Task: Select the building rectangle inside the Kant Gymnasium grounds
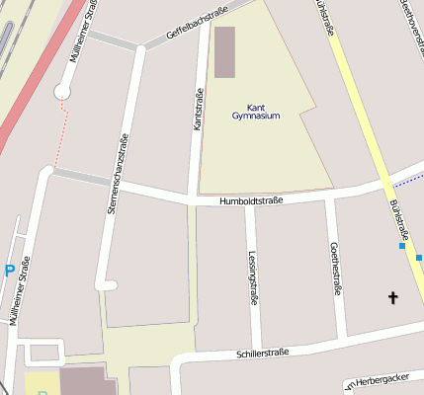pyautogui.click(x=225, y=52)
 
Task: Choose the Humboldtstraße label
pyautogui.click(x=252, y=200)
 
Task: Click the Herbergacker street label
pyautogui.click(x=387, y=381)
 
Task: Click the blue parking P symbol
pyautogui.click(x=10, y=271)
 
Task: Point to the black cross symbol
pyautogui.click(x=392, y=297)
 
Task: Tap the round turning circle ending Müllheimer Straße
pyautogui.click(x=63, y=92)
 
